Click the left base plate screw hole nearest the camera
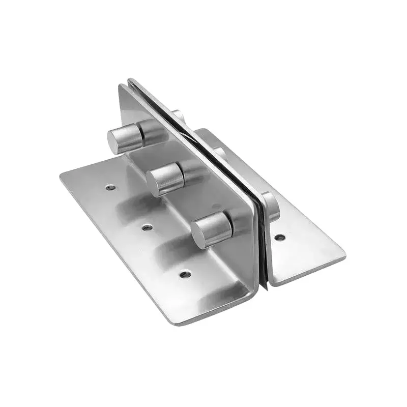(x=186, y=274)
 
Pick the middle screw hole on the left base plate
(x=147, y=227)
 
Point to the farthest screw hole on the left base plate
(x=110, y=187)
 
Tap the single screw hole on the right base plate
(x=279, y=237)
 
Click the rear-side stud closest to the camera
(x=271, y=207)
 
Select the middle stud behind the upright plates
(x=220, y=153)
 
